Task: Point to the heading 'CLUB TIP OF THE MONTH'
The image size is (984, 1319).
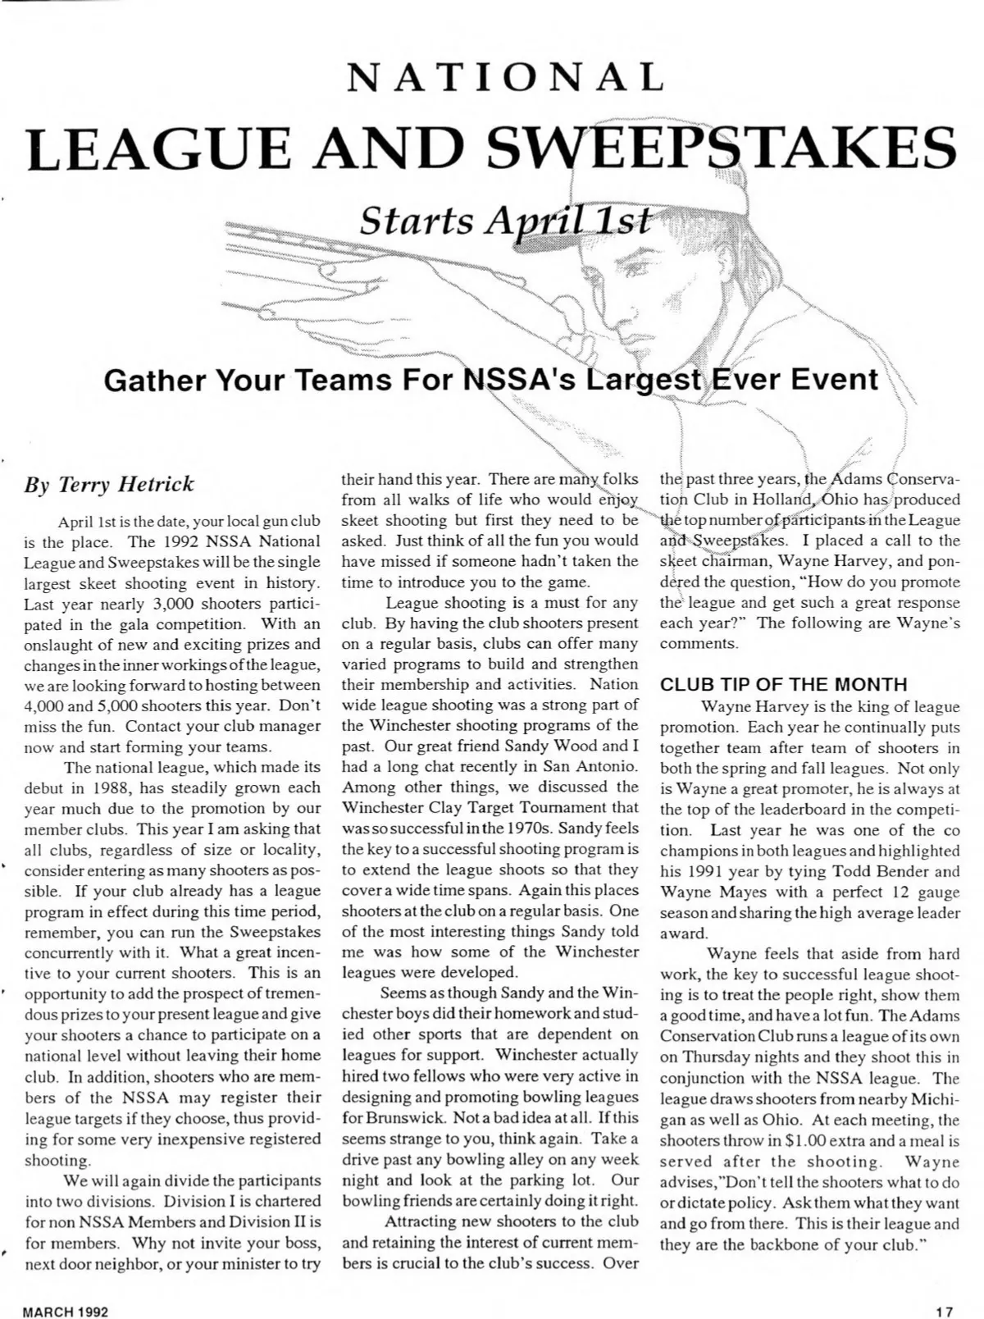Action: pos(784,684)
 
